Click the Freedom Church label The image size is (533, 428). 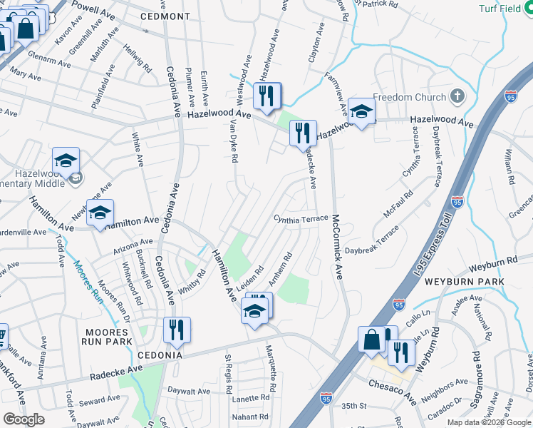pos(408,98)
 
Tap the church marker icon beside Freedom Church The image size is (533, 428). pos(457,97)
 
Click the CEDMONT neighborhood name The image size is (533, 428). pos(165,16)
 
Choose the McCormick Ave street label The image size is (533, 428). pos(338,250)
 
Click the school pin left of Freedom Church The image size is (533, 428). pos(361,111)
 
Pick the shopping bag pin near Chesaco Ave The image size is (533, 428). pos(373,339)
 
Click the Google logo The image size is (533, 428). pos(24,419)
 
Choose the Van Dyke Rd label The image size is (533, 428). pos(233,140)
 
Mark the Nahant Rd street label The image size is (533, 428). pos(249,417)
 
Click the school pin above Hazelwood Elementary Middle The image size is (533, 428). pos(66,160)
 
